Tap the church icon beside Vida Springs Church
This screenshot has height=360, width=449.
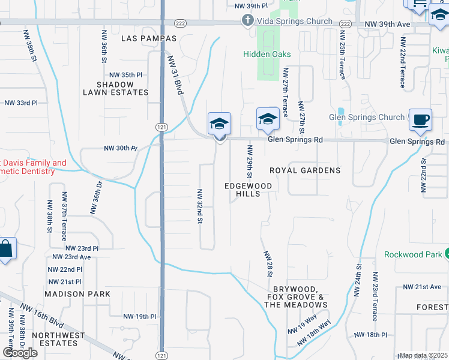[x=247, y=21]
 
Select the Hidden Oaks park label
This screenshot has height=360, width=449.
[x=267, y=54]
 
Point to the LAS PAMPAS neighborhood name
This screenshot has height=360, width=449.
[x=143, y=38]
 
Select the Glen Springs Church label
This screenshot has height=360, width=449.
[x=367, y=118]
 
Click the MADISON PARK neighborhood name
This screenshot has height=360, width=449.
[x=77, y=294]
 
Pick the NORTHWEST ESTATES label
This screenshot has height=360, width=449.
[x=55, y=339]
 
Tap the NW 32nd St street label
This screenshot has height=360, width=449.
[x=199, y=206]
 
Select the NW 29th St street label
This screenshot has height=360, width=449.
[x=247, y=160]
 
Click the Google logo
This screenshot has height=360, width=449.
[x=20, y=353]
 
